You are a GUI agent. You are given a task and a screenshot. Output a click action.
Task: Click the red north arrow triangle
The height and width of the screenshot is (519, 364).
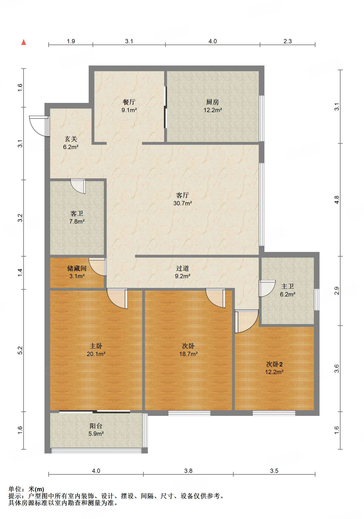tap(24, 42)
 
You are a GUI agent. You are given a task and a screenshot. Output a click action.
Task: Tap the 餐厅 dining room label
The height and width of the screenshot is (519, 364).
tap(129, 102)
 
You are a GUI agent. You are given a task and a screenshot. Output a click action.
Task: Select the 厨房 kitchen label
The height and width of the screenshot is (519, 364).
tap(213, 102)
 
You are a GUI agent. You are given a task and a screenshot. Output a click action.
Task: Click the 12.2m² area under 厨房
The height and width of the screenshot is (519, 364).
tap(213, 110)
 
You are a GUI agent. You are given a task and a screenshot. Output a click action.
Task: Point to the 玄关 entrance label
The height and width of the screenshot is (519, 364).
tap(71, 139)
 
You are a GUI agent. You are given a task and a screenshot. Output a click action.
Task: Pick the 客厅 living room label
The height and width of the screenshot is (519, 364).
tap(182, 195)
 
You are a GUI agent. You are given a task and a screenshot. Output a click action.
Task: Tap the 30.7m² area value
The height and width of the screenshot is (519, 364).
tap(183, 203)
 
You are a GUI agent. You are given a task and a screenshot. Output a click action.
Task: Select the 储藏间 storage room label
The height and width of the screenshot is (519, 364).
tap(77, 268)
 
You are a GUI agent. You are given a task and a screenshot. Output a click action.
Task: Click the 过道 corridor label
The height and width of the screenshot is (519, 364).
tap(182, 268)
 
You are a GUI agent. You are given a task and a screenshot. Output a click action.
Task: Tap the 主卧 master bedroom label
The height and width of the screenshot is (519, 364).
tap(96, 346)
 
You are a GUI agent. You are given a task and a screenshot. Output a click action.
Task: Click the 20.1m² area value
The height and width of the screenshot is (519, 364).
tap(96, 354)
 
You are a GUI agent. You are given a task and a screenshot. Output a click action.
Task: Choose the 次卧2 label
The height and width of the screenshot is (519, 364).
tap(274, 364)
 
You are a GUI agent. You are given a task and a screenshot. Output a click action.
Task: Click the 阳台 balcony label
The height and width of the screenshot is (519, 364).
tap(96, 426)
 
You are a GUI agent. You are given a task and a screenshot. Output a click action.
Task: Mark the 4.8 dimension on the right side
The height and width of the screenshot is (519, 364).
tap(336, 200)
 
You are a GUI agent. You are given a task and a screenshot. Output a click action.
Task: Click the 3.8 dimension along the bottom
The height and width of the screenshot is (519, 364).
tap(188, 471)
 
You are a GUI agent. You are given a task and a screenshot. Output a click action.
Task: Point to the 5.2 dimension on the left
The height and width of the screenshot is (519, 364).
tap(20, 350)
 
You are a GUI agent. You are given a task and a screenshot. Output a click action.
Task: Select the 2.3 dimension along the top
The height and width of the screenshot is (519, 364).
tap(288, 41)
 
